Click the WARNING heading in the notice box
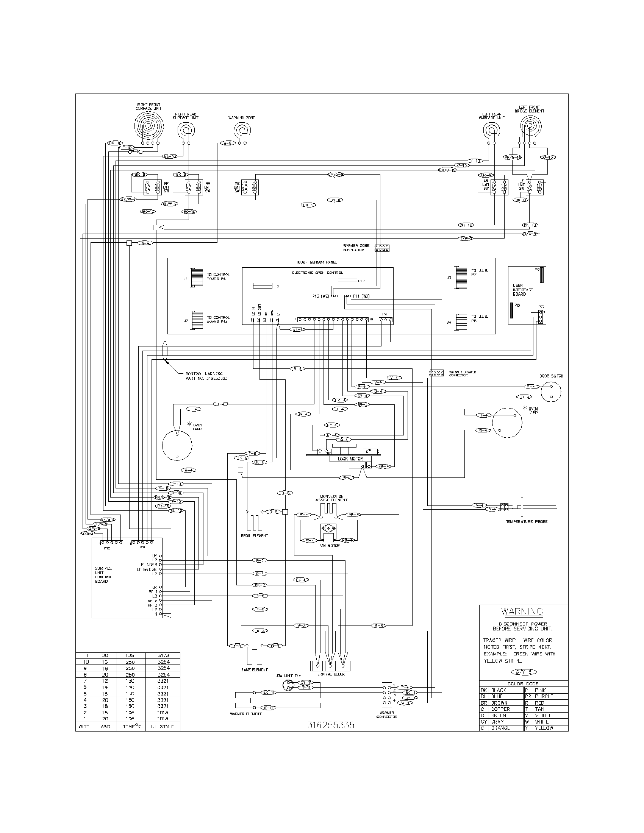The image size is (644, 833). point(522,611)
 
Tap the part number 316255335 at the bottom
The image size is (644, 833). point(331,725)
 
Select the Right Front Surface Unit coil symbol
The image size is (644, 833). point(150,125)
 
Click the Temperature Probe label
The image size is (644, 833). point(527,521)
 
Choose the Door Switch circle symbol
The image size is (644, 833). point(551,392)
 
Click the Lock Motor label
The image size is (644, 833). point(350,459)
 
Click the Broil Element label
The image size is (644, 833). point(255,536)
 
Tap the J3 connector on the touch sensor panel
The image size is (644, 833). point(461,277)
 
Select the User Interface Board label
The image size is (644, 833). point(522,290)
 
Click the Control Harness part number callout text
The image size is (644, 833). point(206,376)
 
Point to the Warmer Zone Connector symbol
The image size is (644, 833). point(381,248)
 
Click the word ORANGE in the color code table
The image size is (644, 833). point(500,728)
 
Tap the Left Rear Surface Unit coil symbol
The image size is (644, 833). point(491,131)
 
